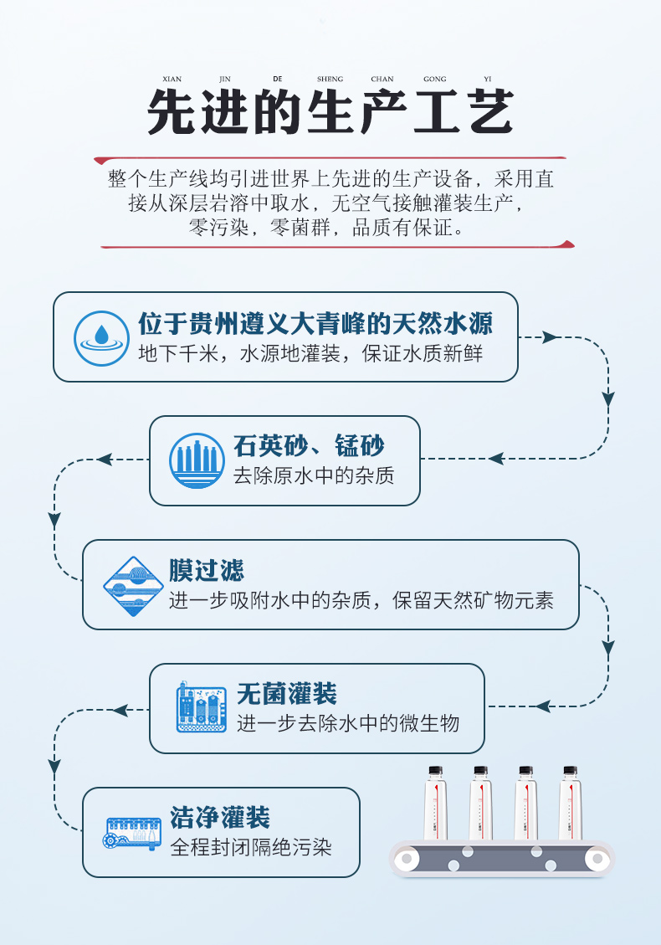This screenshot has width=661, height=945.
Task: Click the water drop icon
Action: tap(101, 336)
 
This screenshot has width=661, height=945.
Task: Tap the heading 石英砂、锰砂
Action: tap(309, 445)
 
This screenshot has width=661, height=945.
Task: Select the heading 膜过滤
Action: tap(206, 570)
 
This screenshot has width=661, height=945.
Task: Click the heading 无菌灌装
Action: tap(286, 694)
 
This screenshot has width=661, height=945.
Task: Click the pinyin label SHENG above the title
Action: tap(330, 80)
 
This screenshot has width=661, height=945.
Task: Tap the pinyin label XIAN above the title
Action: tap(172, 80)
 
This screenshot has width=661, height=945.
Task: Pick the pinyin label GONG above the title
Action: tap(434, 80)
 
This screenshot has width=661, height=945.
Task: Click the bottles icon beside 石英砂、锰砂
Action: tap(197, 460)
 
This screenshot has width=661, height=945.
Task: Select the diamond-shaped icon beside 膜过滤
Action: tap(131, 585)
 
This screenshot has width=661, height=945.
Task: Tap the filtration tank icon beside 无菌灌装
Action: tap(202, 708)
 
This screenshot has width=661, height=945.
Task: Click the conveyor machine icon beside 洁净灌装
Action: tap(133, 833)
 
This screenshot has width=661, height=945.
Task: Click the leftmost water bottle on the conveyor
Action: tap(435, 803)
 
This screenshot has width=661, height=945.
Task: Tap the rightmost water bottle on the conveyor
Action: tap(570, 803)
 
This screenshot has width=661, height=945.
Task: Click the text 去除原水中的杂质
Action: tap(313, 476)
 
